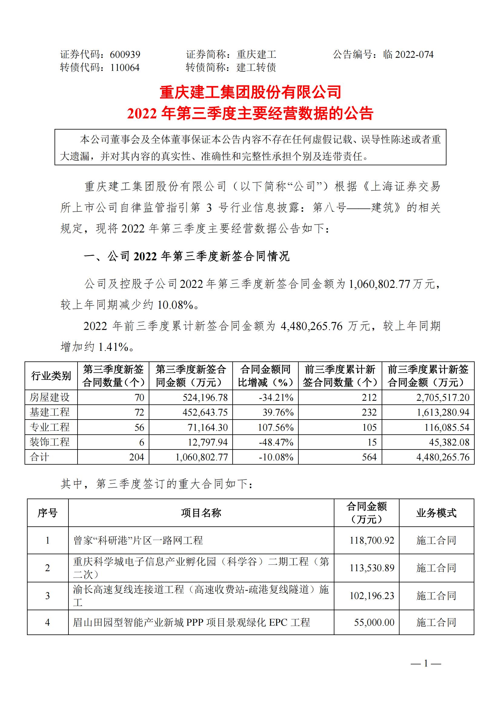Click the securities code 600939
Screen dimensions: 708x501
coord(125,54)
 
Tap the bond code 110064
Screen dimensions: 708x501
coord(125,68)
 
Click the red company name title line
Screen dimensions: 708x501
coord(250,92)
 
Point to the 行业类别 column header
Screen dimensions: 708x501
coord(51,376)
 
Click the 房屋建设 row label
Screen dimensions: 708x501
coord(50,397)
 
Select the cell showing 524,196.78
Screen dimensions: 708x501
coord(205,397)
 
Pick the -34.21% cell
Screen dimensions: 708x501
coord(276,397)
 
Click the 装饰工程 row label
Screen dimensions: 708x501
coord(50,442)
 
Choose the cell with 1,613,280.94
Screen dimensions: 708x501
coord(443,412)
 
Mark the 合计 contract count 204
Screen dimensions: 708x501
coord(137,457)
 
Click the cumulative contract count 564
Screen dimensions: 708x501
coord(369,457)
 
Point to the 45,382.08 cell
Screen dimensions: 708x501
coord(449,442)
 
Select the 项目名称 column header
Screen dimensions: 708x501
coord(201,513)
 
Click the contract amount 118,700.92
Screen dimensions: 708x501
coord(372,540)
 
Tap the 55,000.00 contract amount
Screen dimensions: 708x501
coord(374,622)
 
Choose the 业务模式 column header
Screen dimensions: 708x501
coord(436,513)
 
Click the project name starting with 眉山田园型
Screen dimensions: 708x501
coord(191,622)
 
